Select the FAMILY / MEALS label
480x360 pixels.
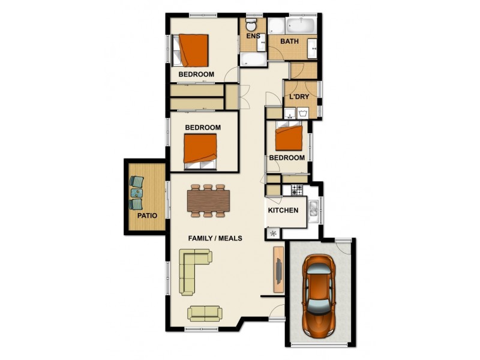pyautogui.click(x=215, y=238)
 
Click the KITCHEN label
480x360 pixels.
pyautogui.click(x=283, y=211)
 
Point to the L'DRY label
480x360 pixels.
pyautogui.click(x=299, y=97)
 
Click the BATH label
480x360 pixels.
pyautogui.click(x=290, y=41)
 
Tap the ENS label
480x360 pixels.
pyautogui.click(x=253, y=36)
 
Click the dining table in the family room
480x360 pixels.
pyautogui.click(x=208, y=200)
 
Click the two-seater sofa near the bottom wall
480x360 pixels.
pyautogui.click(x=205, y=313)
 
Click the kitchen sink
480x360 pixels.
pyautogui.click(x=313, y=209)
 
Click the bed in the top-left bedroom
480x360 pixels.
pyautogui.click(x=193, y=50)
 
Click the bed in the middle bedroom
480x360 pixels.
pyautogui.click(x=200, y=150)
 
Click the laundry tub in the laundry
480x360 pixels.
pyautogui.click(x=304, y=112)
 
